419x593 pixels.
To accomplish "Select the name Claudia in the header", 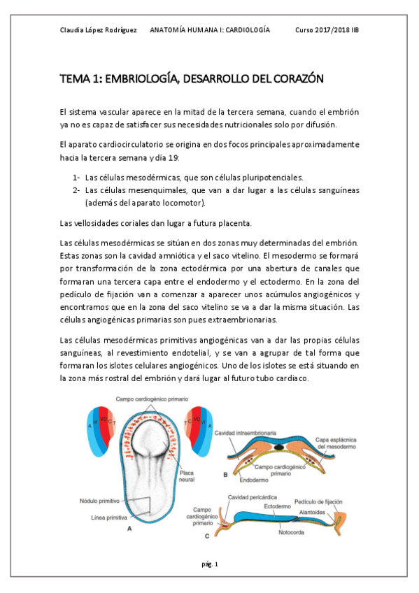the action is pyautogui.click(x=73, y=31).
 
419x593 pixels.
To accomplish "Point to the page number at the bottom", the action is pyautogui.click(x=211, y=564).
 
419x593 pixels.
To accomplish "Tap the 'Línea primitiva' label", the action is pyautogui.click(x=110, y=518).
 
